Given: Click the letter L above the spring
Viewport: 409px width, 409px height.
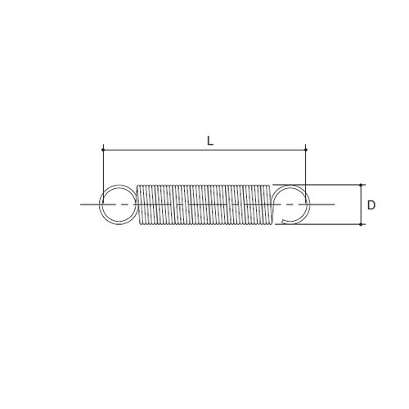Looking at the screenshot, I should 210,140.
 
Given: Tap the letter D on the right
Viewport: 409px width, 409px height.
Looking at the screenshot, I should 371,204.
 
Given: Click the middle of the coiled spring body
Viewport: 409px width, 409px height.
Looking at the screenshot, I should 203,203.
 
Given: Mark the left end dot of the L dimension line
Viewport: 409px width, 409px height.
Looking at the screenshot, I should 104,150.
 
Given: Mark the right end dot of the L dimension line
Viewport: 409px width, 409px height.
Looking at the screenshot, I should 305,150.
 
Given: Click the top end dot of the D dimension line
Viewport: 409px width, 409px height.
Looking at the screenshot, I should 360,184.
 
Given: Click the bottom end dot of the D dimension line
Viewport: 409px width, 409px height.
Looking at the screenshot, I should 360,223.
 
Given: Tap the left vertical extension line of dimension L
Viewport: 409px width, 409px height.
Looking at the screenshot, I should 104,168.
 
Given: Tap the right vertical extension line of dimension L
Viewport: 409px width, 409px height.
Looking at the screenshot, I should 305,168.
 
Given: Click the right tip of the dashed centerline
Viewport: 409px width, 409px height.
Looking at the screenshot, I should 334,203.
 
